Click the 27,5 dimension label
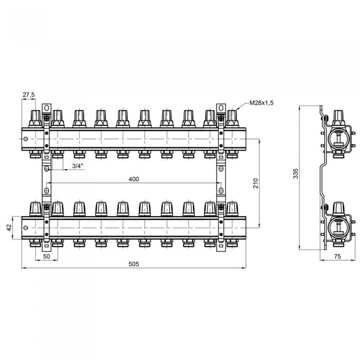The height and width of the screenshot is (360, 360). (x=29, y=95)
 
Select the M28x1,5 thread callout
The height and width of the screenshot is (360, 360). (x=261, y=103)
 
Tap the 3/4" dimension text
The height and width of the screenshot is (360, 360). (x=77, y=166)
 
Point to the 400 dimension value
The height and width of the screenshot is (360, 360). (x=134, y=179)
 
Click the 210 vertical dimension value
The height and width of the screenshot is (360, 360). (x=256, y=183)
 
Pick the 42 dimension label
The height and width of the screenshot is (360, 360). (x=9, y=228)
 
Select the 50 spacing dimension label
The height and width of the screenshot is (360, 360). (x=47, y=257)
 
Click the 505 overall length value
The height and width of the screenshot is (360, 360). (x=134, y=264)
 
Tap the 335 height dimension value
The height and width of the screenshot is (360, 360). (x=296, y=174)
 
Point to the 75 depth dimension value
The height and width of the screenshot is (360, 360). (x=337, y=257)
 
